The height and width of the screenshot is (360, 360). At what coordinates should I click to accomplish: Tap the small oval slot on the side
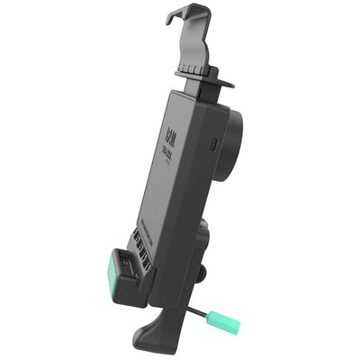(x=212, y=143)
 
